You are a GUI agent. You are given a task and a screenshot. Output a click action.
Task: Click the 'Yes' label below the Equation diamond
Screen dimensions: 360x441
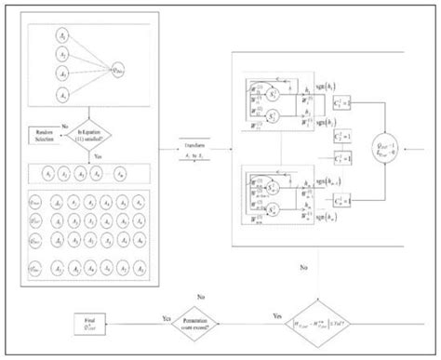[x=100, y=157]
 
